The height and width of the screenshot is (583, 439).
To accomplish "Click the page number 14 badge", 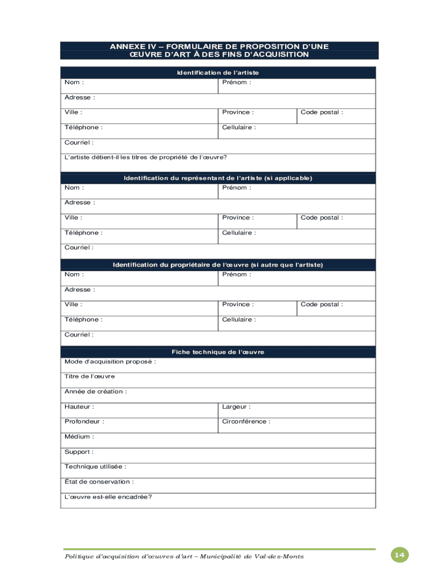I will point(400,555).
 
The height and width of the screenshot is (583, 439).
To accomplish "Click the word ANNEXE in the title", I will point(129,46).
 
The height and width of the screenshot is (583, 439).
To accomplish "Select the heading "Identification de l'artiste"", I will point(218,73).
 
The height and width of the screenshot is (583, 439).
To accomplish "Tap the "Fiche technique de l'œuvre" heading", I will point(218,352).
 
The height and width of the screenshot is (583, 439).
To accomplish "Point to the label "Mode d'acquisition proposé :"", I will point(110,362).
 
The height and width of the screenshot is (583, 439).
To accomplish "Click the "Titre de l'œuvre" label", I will point(90,376).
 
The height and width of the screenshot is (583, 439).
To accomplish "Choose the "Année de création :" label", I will point(96,392).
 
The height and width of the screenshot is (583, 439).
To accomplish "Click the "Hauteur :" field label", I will point(79,407).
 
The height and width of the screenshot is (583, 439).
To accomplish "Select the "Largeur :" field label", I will point(236,407).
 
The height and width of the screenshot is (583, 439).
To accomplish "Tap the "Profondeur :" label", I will point(84,422).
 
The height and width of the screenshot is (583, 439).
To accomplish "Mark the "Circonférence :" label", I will point(246,422).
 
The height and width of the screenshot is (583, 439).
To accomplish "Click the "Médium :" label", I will point(79,437).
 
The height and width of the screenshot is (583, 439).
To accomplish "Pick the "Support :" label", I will point(79,452).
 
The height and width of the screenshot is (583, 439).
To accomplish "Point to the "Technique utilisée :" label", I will point(95,467).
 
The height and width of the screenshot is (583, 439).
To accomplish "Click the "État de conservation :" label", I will point(99,482).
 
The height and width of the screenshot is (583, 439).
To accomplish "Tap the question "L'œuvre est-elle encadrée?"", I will point(108,497).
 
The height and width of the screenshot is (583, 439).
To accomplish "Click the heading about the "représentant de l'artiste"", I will point(218,178).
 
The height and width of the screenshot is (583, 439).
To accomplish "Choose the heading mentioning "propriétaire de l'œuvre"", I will point(218,265).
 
